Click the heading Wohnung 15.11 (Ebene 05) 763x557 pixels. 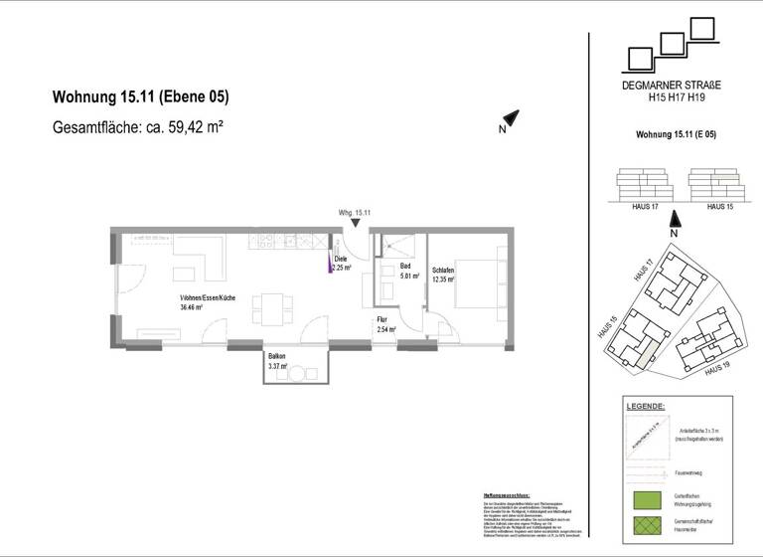coord(140,97)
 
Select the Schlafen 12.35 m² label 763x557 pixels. coord(443,275)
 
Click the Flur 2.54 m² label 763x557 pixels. coord(386,324)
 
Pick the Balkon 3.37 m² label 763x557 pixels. coord(277,361)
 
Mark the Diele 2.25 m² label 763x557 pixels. coord(343,264)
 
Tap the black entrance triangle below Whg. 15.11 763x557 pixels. coord(356,225)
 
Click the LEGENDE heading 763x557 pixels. coord(646,407)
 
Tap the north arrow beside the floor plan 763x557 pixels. coord(510,118)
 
